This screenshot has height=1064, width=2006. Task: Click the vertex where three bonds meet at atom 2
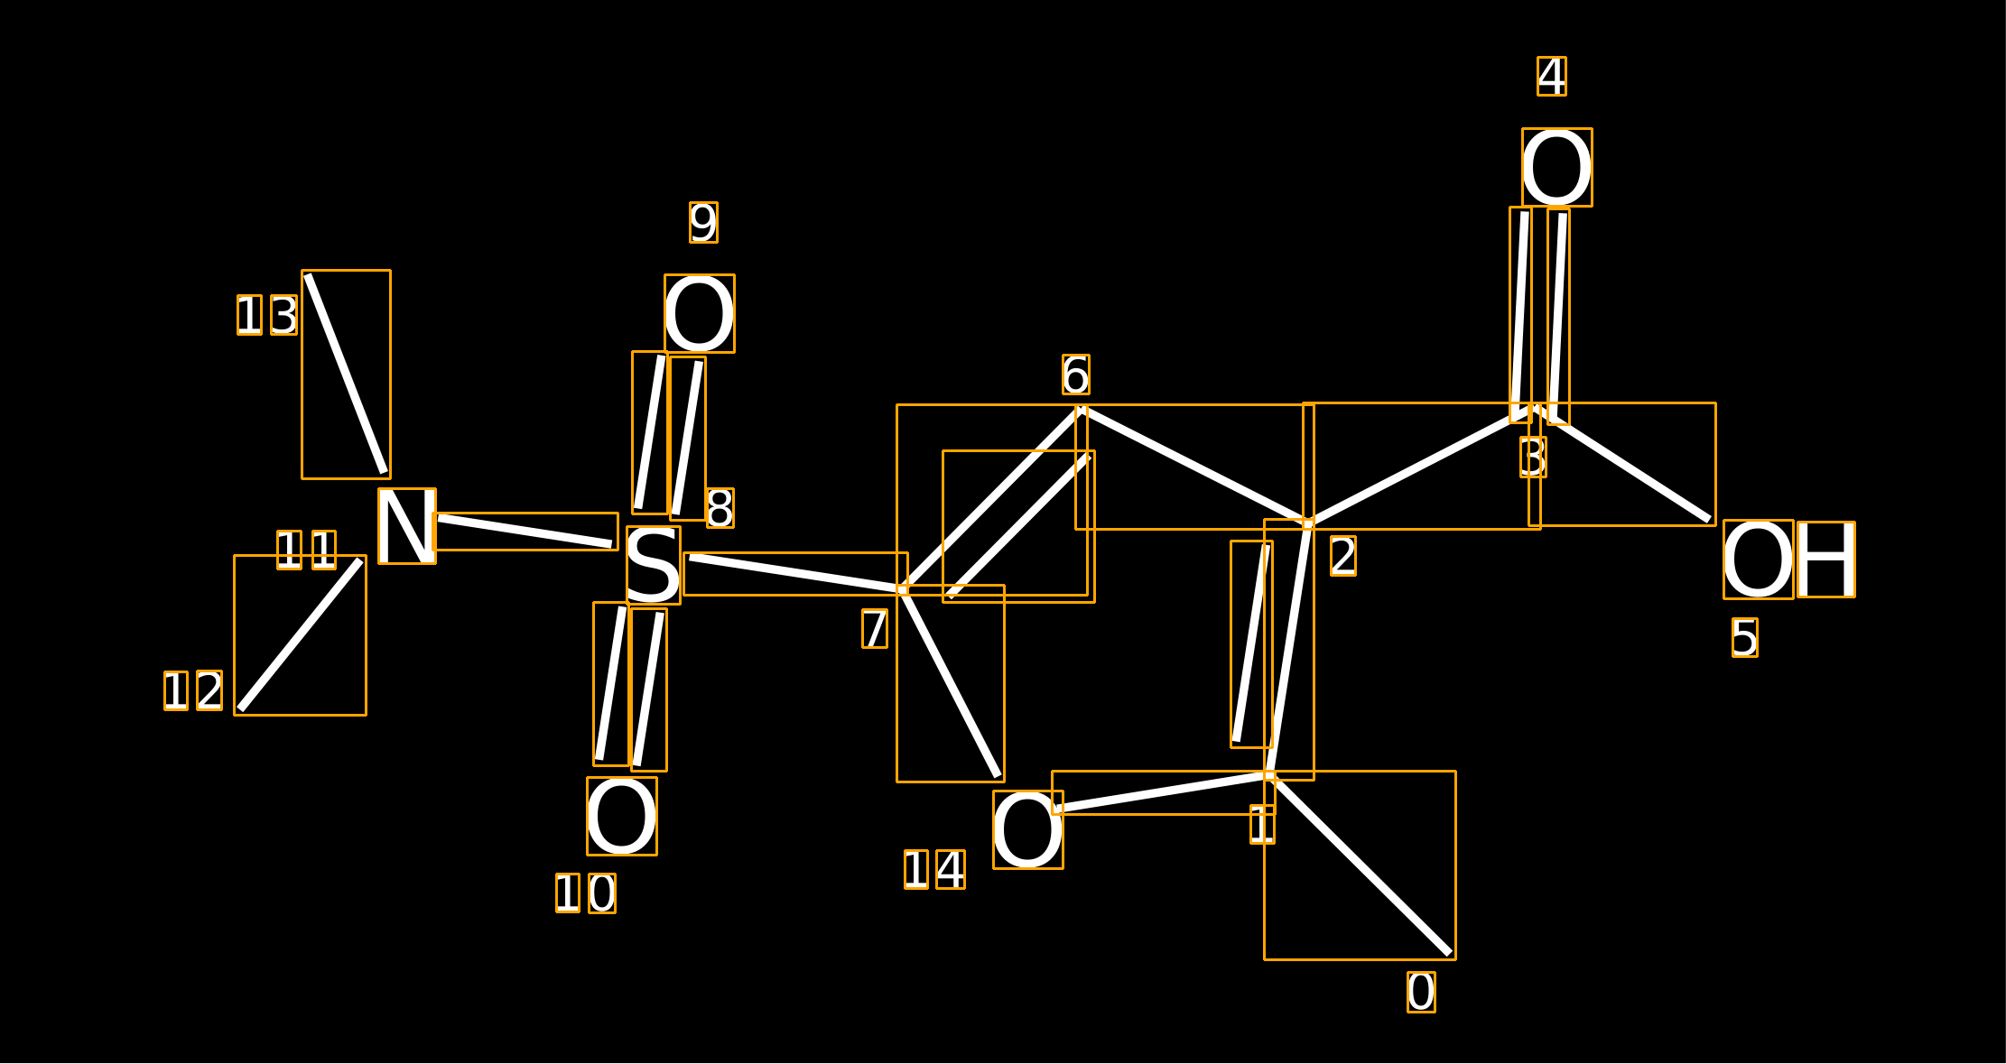coord(1308,523)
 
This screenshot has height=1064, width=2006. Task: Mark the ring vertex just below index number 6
coord(1082,410)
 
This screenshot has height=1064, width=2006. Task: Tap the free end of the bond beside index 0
coord(1449,953)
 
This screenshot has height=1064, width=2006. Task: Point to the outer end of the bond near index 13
coord(308,275)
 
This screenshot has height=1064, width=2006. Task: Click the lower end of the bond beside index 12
coord(240,709)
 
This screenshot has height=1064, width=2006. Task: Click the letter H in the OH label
coord(1826,560)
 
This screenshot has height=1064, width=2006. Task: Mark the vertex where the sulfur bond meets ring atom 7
coord(902,589)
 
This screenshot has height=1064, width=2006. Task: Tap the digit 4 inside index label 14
coord(951,870)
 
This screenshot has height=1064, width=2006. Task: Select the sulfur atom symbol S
coord(654,565)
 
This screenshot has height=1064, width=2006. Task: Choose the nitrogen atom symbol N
coord(407,526)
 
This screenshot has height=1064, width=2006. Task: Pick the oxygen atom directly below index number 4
coord(1557,168)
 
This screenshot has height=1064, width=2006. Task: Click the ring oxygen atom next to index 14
coord(1028,830)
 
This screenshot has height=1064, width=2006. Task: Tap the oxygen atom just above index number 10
coord(622,817)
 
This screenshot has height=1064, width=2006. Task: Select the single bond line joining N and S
coord(525,532)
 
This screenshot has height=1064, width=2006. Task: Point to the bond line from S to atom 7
coord(795,574)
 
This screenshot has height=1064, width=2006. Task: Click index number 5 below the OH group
coord(1745,638)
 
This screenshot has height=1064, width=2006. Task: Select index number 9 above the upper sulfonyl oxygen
coord(704,223)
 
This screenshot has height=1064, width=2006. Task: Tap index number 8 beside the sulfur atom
coord(720,508)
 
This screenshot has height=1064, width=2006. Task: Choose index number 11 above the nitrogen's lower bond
coord(307,551)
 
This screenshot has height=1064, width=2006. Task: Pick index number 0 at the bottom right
coord(1421,993)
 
